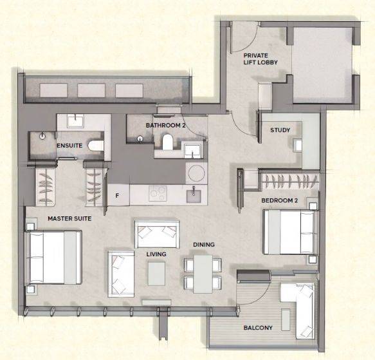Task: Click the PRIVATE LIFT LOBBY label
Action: click(x=261, y=59)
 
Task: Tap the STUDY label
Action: click(x=280, y=130)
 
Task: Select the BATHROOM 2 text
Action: click(x=165, y=126)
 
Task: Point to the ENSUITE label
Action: click(x=69, y=146)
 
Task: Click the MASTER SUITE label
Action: click(x=69, y=218)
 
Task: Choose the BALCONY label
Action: click(x=258, y=327)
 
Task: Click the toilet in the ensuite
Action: click(x=96, y=146)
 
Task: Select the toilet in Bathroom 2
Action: click(x=167, y=142)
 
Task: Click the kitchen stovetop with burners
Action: click(x=158, y=193)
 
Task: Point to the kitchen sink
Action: click(x=194, y=194)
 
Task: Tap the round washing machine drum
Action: click(x=196, y=173)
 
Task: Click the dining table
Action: click(x=203, y=274)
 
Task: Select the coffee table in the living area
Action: click(x=157, y=273)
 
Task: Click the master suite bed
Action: click(x=54, y=257)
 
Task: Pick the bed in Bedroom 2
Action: click(x=291, y=232)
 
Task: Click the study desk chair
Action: click(x=298, y=145)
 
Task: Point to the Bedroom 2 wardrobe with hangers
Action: click(x=291, y=180)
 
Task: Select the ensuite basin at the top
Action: click(x=75, y=120)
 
